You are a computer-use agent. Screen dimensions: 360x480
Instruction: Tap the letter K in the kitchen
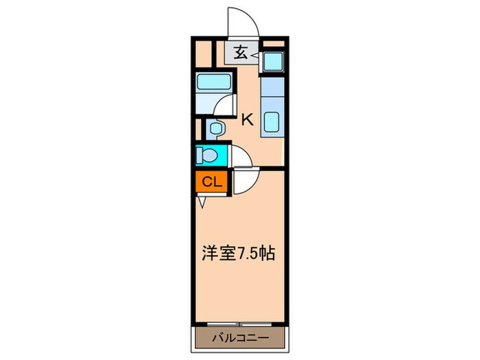pos(247,119)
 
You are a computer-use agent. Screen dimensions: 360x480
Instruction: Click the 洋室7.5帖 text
pos(238,254)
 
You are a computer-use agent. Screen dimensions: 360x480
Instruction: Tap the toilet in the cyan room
pos(207,156)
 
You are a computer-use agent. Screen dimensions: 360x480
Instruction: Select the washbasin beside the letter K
pos(215,128)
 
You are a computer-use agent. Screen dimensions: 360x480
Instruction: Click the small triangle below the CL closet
pos(203,202)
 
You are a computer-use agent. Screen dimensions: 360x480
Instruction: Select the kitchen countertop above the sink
pos(272,87)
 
